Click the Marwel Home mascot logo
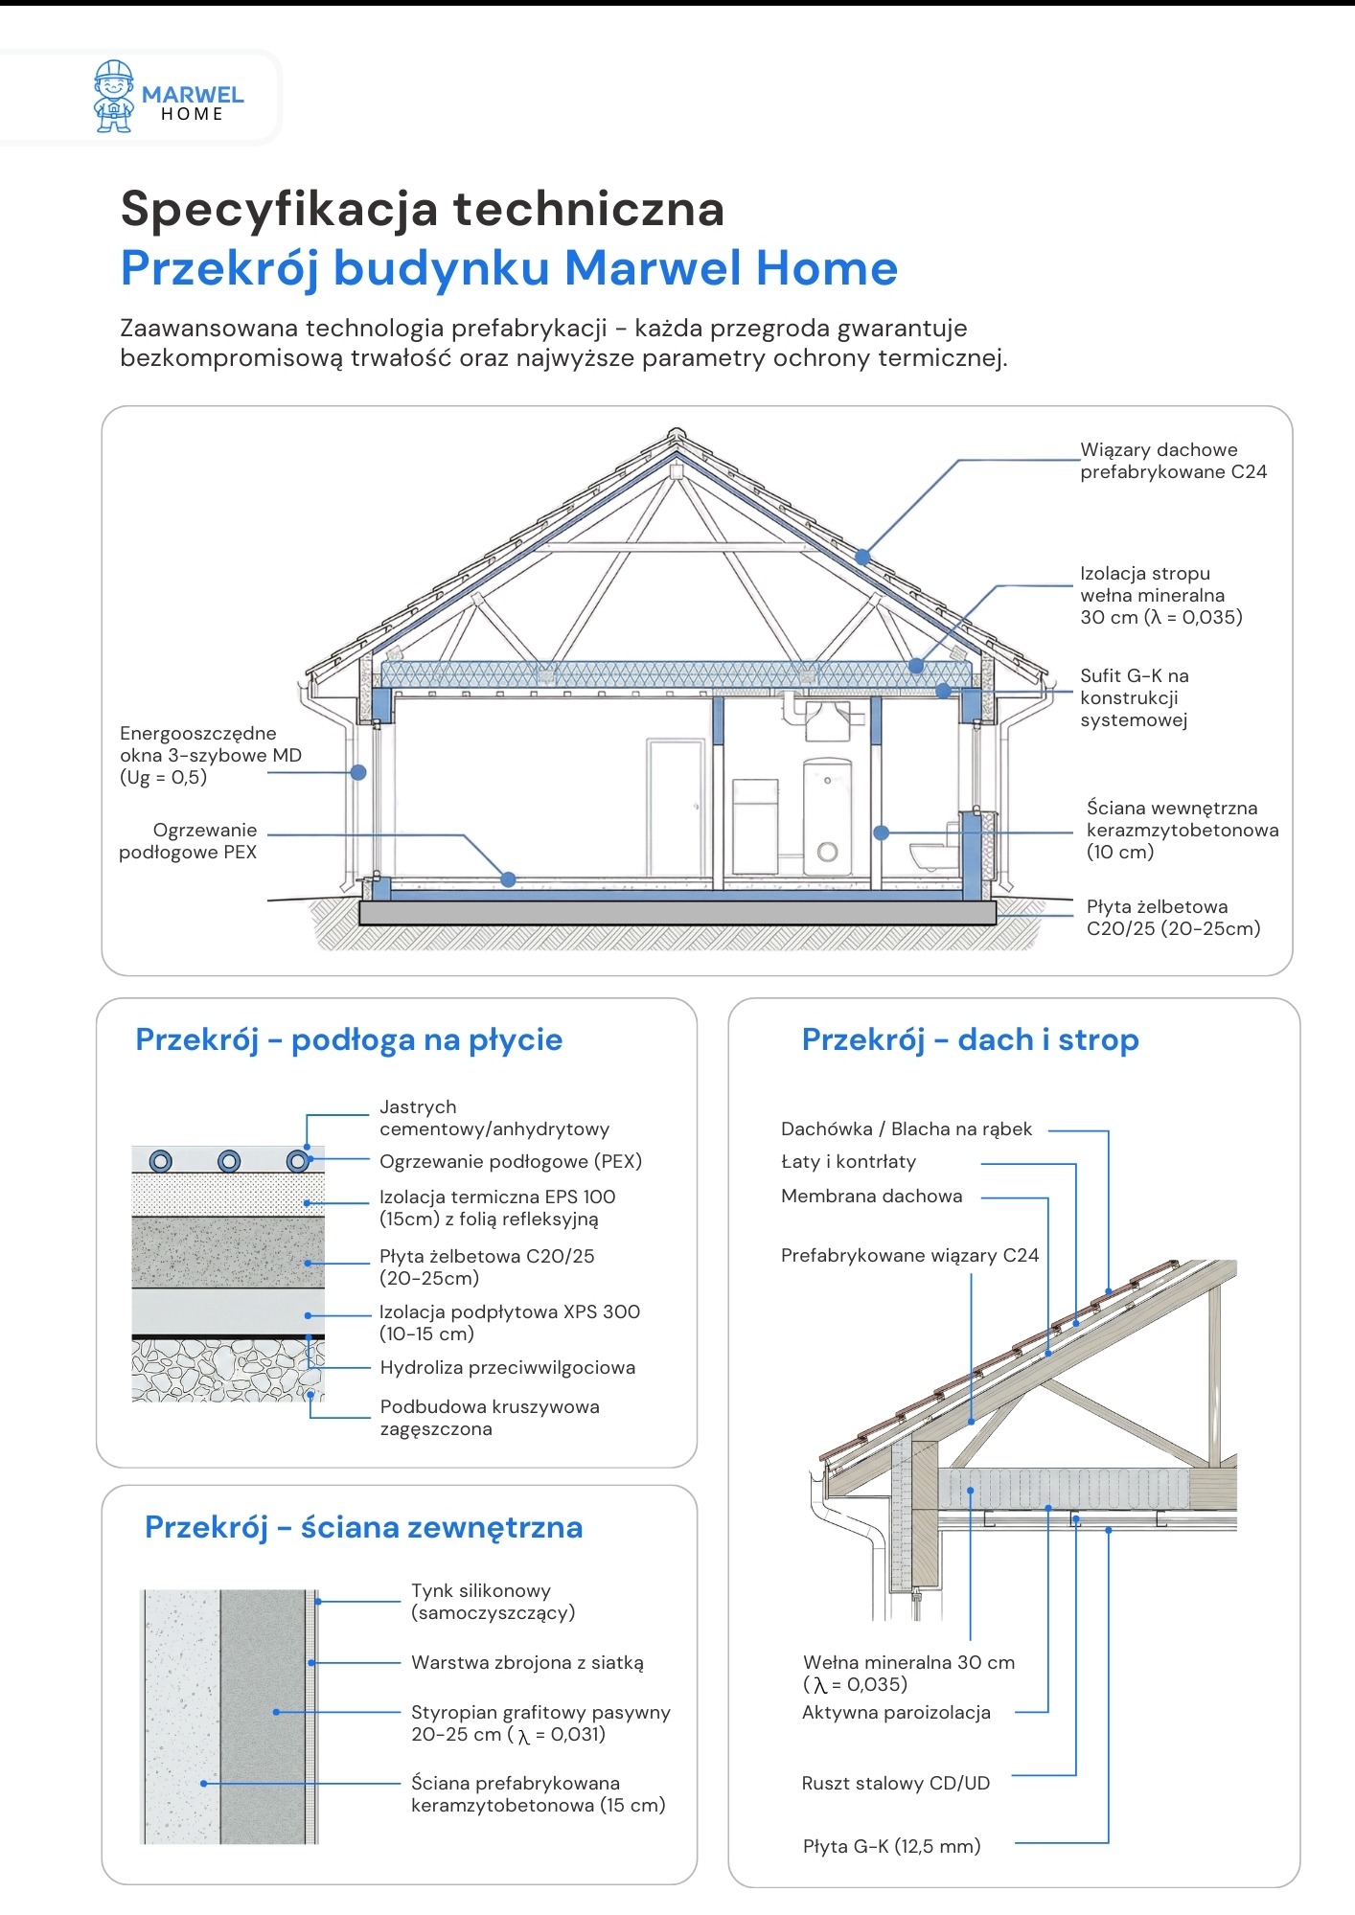click(113, 97)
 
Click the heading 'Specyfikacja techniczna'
click(422, 209)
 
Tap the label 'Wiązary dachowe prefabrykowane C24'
click(1173, 461)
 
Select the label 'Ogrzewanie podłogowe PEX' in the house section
click(189, 841)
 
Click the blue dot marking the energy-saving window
click(358, 772)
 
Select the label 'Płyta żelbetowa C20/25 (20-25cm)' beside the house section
click(1173, 918)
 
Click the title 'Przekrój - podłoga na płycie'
click(349, 1039)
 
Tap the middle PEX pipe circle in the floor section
click(229, 1162)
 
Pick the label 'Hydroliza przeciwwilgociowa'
click(507, 1368)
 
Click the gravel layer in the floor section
click(227, 1370)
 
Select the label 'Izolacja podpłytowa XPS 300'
click(509, 1323)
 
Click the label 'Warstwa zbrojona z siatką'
click(527, 1663)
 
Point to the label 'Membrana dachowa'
click(871, 1197)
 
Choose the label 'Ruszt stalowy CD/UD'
click(895, 1784)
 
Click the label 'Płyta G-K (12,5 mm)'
click(891, 1847)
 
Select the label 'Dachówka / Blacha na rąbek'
click(907, 1129)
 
